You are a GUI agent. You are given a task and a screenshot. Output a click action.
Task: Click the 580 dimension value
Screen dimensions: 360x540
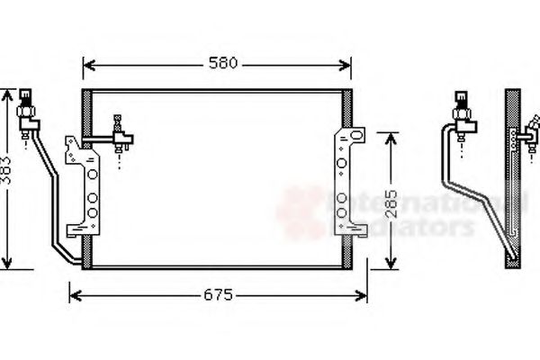click(x=223, y=63)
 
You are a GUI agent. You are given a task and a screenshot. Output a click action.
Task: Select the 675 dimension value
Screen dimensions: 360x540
click(x=217, y=295)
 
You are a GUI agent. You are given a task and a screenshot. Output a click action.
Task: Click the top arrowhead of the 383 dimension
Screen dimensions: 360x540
click(x=9, y=94)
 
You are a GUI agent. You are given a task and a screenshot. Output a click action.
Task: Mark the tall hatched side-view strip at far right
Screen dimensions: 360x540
click(x=513, y=175)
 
